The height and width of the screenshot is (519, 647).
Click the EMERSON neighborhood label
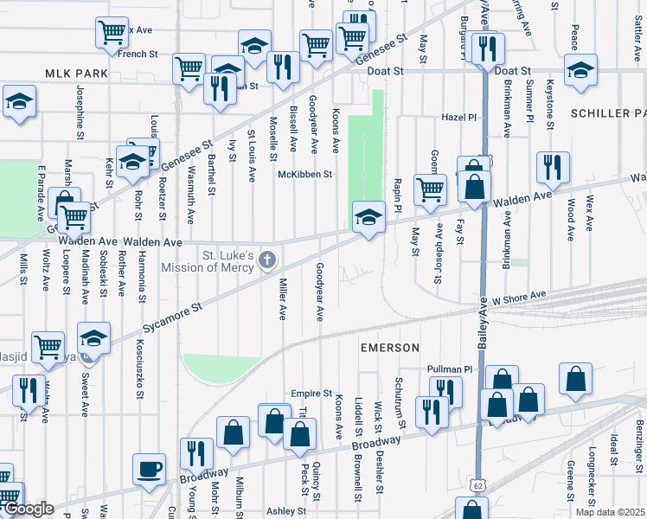click(389, 348)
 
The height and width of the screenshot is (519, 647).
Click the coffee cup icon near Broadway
click(149, 470)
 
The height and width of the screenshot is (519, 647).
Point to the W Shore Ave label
click(521, 296)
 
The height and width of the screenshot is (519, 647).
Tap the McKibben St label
click(304, 175)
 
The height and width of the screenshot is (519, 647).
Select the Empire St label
click(311, 393)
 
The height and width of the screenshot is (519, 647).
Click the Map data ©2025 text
click(609, 511)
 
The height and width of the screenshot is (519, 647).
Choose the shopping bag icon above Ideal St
click(576, 378)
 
